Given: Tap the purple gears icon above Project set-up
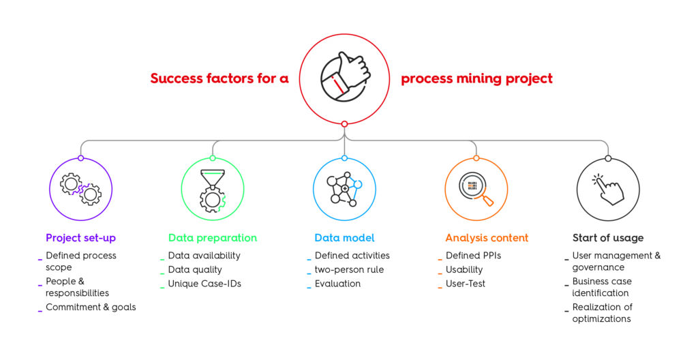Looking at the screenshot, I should click(80, 190).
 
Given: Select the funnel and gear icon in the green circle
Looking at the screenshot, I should click(212, 189).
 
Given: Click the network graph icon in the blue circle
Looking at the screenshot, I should click(344, 189).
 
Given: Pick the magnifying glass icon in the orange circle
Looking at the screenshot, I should click(476, 189).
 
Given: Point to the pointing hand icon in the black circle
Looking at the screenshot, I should click(607, 189).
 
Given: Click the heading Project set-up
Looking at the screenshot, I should click(80, 238).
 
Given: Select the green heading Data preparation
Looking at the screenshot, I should click(212, 238).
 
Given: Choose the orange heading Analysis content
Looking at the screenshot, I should click(486, 238).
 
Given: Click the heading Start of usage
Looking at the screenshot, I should click(607, 238).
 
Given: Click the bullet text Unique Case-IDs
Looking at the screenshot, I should click(204, 284).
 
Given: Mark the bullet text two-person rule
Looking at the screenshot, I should click(349, 269).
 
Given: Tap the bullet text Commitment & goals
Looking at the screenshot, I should click(91, 307).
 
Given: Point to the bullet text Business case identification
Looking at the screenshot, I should click(601, 287).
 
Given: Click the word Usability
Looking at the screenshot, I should click(464, 269).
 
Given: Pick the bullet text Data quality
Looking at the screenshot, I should click(195, 269).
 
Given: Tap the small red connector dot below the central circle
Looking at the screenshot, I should click(344, 124).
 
